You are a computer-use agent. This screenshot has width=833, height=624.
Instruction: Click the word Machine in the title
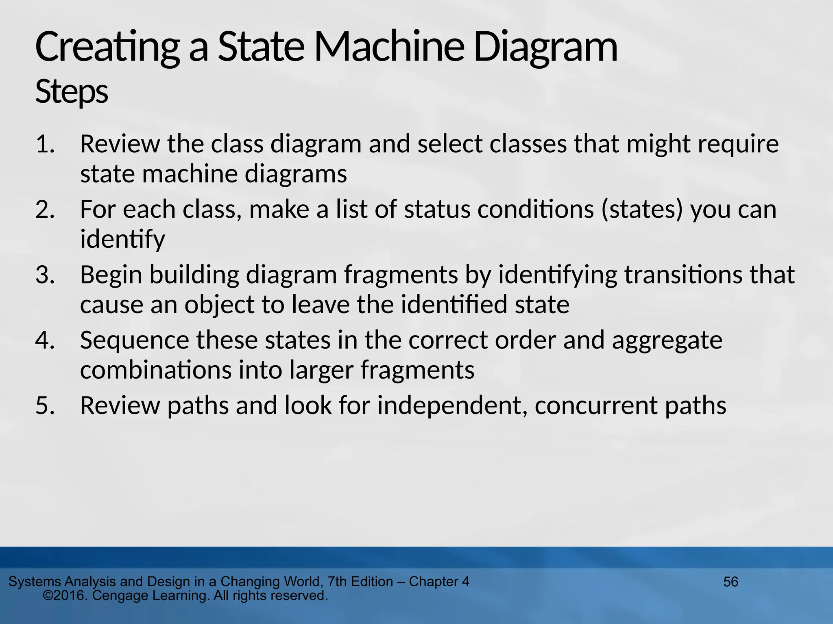click(388, 48)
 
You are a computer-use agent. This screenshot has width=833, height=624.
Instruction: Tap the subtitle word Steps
click(72, 92)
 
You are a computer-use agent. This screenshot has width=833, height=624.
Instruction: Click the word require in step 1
click(738, 144)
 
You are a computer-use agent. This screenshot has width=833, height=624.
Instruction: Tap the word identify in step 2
click(122, 240)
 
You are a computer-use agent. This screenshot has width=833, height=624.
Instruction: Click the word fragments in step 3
click(401, 275)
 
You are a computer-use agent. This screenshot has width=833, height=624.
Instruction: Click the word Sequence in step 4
click(135, 340)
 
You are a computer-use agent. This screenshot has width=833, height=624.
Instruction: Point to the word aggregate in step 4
click(667, 340)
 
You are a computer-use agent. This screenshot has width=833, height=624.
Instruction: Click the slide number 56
click(731, 582)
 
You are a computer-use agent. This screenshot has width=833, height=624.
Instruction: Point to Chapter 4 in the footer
click(439, 582)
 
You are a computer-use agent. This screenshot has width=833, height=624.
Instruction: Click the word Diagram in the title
click(545, 48)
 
